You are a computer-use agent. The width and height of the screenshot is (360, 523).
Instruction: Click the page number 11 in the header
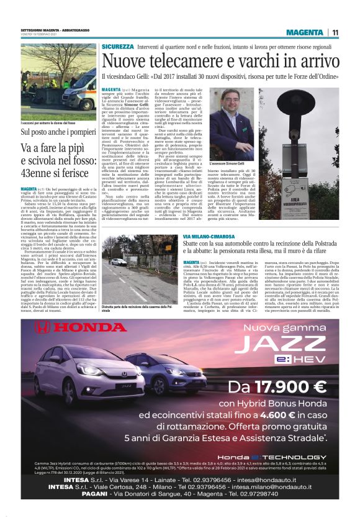pos(335,32)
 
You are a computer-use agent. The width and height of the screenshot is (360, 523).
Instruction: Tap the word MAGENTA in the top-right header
pos(306,32)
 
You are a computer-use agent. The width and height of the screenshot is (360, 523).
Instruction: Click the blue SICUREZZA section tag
pos(118,47)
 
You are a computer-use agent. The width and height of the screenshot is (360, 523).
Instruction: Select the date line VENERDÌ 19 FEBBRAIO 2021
pos(44,36)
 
